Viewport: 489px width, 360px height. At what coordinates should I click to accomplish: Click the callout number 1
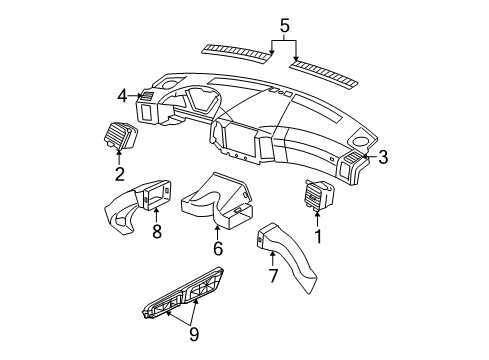pos(320,238)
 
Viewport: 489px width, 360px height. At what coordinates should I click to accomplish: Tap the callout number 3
pos(383,156)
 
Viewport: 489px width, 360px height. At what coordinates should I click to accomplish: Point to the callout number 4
pos(121,96)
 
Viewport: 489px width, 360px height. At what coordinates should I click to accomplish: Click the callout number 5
pos(286,16)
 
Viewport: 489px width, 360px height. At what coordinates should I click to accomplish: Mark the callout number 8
pos(156,232)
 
